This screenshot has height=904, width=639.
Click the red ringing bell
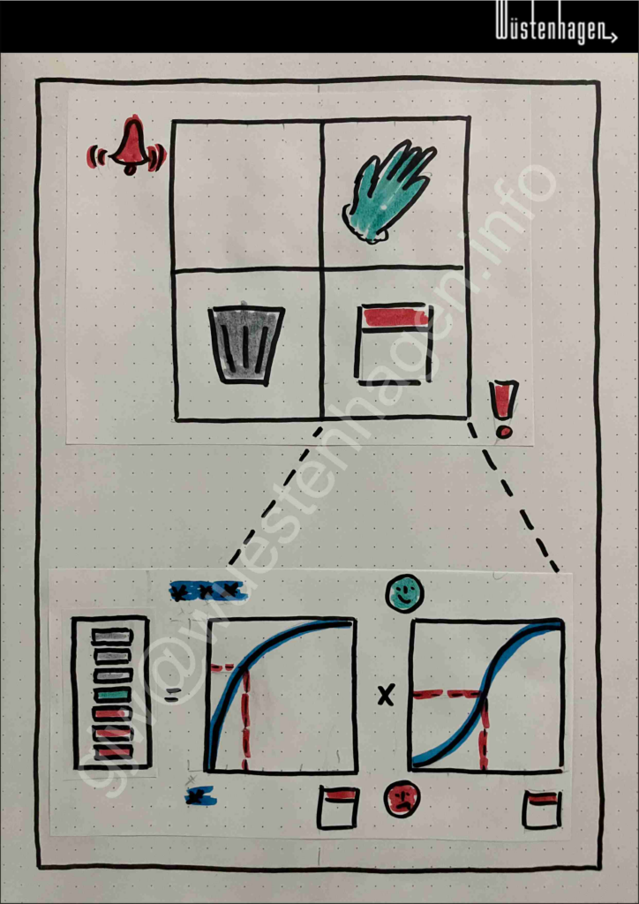[127, 146]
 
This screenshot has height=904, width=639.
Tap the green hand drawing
[387, 191]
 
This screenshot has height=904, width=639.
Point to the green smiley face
[404, 593]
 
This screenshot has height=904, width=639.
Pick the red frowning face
[402, 798]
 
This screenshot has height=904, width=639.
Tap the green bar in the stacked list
[112, 696]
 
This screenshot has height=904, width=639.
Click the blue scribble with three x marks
[206, 591]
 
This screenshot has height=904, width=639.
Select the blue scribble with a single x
[200, 797]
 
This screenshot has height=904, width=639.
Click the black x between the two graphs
[386, 696]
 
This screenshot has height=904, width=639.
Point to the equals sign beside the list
[171, 694]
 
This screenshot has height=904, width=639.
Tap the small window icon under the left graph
[338, 808]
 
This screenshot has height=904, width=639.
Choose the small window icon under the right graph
[541, 810]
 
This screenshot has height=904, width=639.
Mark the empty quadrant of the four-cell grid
[246, 195]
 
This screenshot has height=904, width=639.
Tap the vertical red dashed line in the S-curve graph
[484, 732]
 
